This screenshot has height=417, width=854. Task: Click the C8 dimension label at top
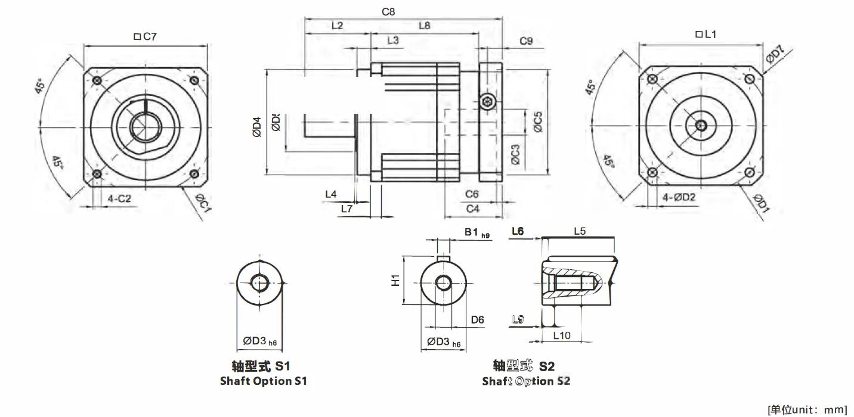pos(388,11)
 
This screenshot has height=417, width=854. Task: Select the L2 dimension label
pos(337,26)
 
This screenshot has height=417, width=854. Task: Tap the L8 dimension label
pos(424,26)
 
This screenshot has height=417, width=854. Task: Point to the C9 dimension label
pos(526,41)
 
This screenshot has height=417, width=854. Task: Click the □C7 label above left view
pos(145,37)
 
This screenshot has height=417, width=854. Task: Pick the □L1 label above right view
pos(706,35)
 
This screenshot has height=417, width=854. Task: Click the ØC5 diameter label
pos(538,122)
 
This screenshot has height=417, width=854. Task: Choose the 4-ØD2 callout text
pos(679,198)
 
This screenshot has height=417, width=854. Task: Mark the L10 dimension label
pos(562,335)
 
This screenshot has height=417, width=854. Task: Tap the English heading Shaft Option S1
pos(263,381)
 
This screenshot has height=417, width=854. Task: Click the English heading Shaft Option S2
pos(526,381)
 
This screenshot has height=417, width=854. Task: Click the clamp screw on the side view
pos(488,102)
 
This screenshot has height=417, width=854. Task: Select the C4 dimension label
pos(473,208)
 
